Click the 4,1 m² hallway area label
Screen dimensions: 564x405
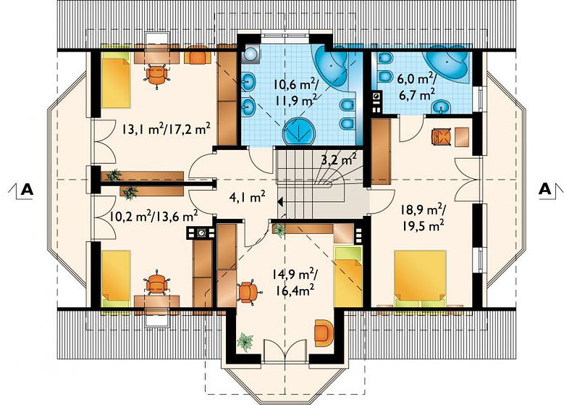[247, 196]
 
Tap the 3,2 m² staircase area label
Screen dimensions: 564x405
[339, 159]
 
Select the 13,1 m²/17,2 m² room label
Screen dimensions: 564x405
[166, 129]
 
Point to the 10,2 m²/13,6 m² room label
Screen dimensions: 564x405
[154, 216]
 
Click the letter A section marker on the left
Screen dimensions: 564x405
[27, 189]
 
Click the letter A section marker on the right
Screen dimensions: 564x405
[545, 189]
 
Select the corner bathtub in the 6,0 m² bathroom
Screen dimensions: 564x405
[448, 64]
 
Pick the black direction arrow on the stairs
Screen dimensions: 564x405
[281, 202]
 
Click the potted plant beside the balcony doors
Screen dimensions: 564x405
[245, 342]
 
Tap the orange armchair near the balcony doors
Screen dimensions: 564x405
[324, 333]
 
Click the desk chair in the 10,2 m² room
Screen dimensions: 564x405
[156, 282]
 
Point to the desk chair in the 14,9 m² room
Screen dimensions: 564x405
[248, 292]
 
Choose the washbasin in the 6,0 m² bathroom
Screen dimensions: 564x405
[441, 106]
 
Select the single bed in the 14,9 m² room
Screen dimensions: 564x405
[348, 277]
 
